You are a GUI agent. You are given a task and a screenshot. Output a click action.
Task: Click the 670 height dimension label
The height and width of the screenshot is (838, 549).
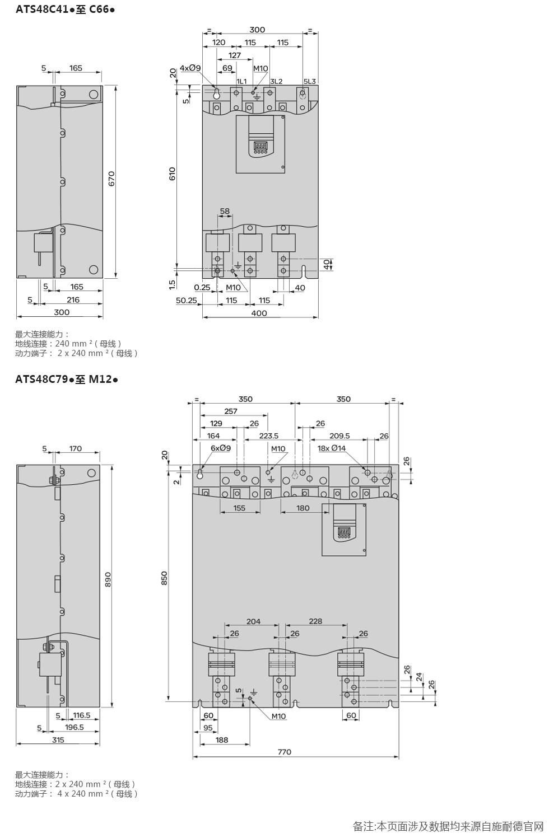pyautogui.click(x=111, y=179)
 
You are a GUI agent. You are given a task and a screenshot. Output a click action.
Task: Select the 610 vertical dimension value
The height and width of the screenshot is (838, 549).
pyautogui.click(x=172, y=174)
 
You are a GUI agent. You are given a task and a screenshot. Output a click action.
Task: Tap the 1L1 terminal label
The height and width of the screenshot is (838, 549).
pyautogui.click(x=241, y=81)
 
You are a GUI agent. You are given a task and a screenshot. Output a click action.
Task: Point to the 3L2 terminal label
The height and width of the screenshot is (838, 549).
pyautogui.click(x=276, y=81)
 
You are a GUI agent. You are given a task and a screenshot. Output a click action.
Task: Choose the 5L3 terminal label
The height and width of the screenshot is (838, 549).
pyautogui.click(x=310, y=81)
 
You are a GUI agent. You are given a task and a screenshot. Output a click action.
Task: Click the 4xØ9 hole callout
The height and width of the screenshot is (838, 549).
pyautogui.click(x=190, y=68)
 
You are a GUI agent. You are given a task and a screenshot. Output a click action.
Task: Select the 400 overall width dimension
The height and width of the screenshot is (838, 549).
pyautogui.click(x=259, y=313)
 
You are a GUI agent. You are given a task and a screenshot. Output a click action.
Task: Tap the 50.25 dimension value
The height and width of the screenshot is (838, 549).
pyautogui.click(x=187, y=301)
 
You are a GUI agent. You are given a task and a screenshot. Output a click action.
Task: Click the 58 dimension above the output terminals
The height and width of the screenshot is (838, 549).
pyautogui.click(x=225, y=211)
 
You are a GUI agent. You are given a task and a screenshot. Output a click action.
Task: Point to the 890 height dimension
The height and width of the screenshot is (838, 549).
pyautogui.click(x=108, y=579)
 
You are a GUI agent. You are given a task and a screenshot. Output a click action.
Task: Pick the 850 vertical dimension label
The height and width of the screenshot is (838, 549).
pyautogui.click(x=164, y=578)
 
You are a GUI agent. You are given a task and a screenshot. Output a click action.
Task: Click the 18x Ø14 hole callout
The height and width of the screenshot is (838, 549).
pyautogui.click(x=332, y=448)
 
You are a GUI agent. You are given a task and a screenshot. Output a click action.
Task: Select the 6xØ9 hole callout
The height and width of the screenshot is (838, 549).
pyautogui.click(x=221, y=448)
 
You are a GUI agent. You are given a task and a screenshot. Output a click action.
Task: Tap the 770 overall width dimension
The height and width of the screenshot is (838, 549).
pyautogui.click(x=285, y=752)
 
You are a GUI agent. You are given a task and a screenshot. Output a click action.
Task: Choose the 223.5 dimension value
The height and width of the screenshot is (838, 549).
pyautogui.click(x=269, y=436)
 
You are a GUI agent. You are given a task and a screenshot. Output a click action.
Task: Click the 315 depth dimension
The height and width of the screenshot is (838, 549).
pyautogui.click(x=58, y=740)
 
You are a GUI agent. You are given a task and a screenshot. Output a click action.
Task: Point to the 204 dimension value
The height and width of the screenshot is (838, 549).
pyautogui.click(x=254, y=621)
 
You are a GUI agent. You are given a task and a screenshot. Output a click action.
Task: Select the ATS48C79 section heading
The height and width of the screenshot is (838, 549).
pyautogui.click(x=41, y=380)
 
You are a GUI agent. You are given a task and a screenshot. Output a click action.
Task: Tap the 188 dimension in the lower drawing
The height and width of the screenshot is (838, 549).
pyautogui.click(x=222, y=740)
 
